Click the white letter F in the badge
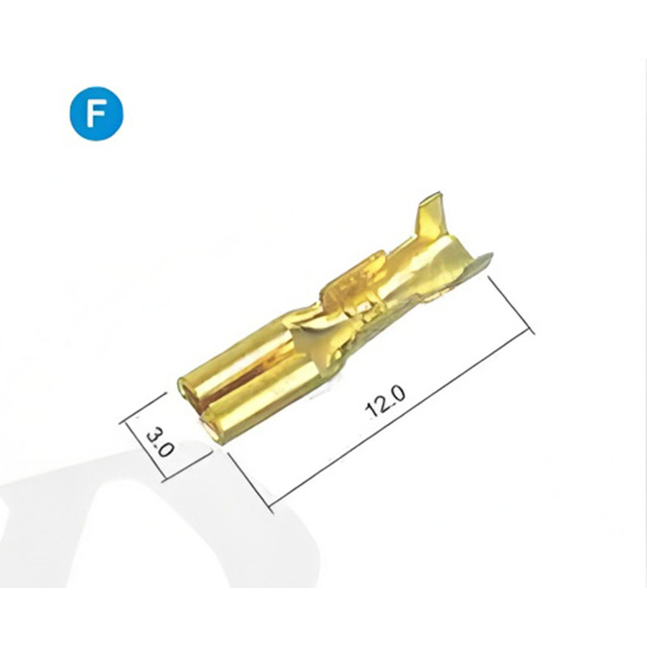95,113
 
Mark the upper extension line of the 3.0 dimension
142,408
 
